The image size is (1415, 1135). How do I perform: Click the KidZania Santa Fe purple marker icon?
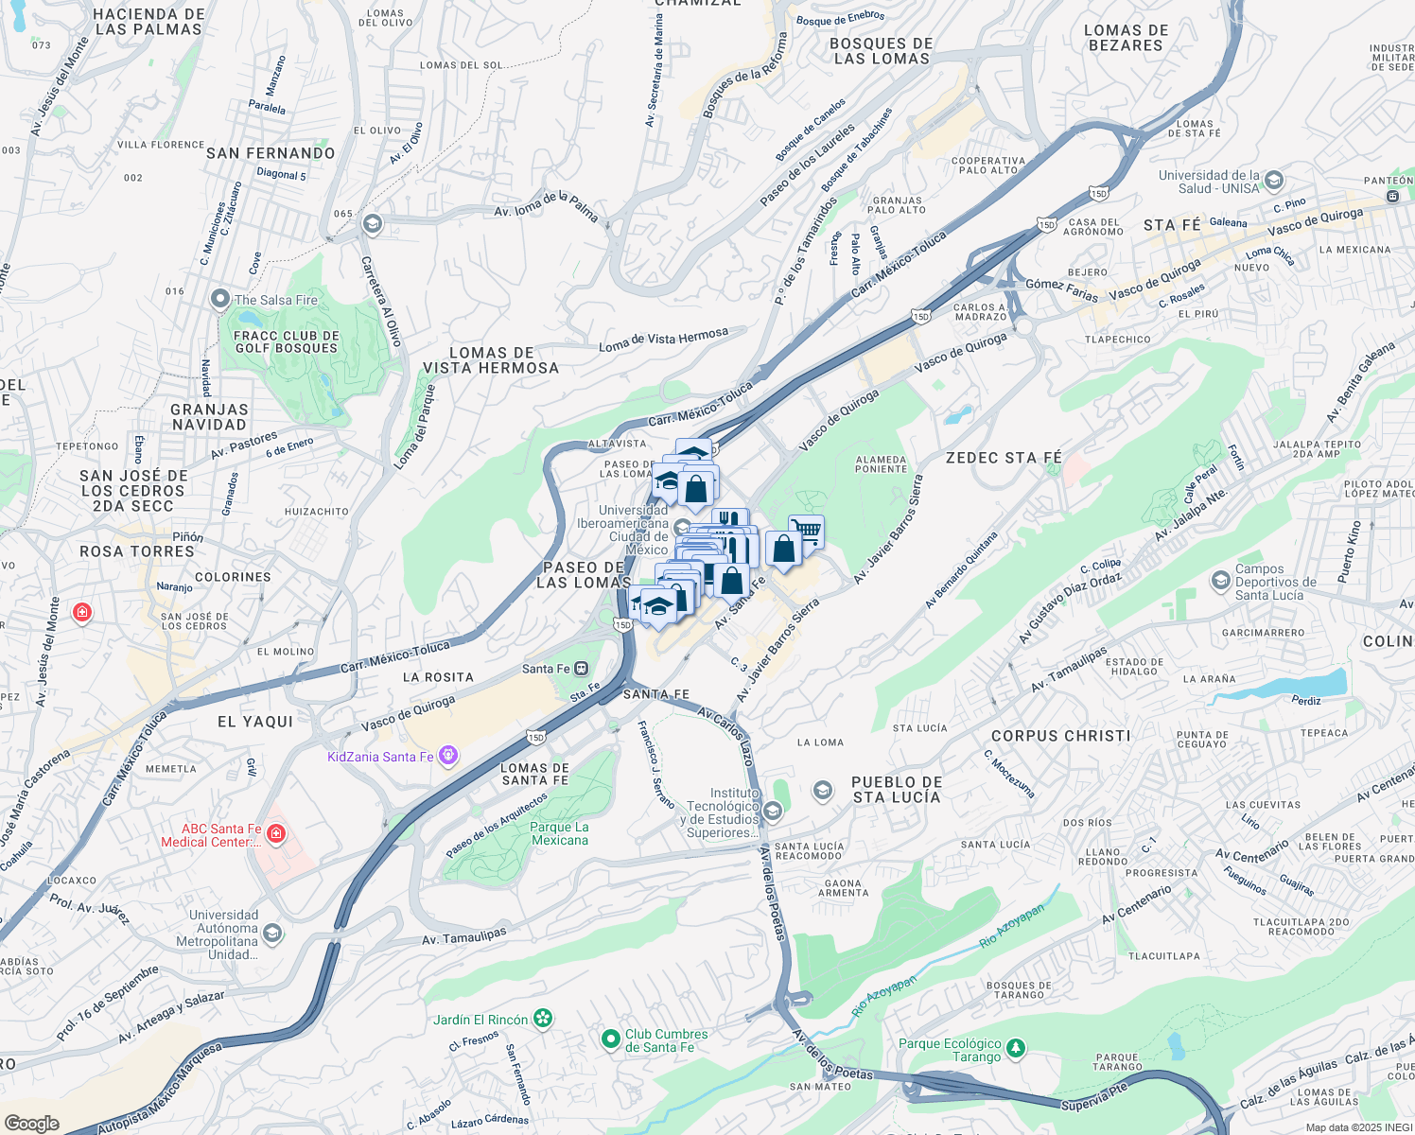pos(448,756)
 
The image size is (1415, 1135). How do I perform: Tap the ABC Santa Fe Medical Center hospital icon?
pos(275,833)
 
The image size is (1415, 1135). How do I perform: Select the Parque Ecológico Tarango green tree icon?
pos(1016,1048)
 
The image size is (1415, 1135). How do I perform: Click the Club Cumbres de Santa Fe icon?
pos(611,1039)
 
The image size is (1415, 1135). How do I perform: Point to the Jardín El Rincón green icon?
pos(542,1019)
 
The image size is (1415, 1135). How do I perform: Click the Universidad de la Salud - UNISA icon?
pos(1274,181)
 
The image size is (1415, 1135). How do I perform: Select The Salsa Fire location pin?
pos(220,300)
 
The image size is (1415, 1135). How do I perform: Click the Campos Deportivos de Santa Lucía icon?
pos(1220,580)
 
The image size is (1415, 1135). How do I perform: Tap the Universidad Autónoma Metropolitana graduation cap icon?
pos(272,934)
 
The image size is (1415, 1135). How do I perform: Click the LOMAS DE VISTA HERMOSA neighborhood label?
pos(491,360)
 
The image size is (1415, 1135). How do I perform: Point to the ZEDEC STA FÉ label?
pos(1004,458)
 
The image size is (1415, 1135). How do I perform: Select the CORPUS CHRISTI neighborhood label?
pos(1060,736)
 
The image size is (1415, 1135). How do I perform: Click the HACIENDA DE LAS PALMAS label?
pos(148,22)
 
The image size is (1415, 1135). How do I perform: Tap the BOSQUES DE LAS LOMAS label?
pos(881,51)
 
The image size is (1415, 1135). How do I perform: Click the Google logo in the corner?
pos(31,1123)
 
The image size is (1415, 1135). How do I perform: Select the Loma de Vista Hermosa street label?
pos(663,340)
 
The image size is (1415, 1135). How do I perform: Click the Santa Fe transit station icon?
pos(582,669)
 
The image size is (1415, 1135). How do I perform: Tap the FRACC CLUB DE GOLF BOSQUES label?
pos(286,341)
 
